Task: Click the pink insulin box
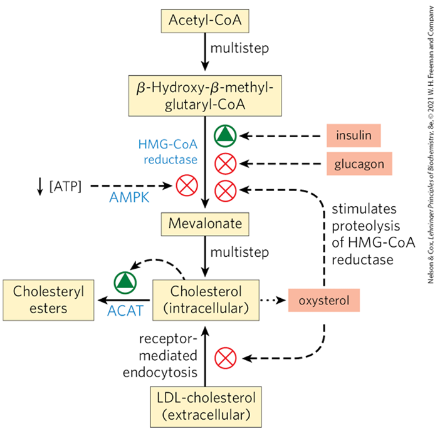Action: [354, 135]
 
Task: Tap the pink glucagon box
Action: [359, 164]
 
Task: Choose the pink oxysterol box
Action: [323, 300]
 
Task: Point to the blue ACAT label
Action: [123, 311]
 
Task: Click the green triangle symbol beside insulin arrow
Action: [225, 135]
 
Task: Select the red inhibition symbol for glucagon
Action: [225, 164]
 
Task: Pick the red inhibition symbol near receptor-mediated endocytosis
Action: [225, 358]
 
